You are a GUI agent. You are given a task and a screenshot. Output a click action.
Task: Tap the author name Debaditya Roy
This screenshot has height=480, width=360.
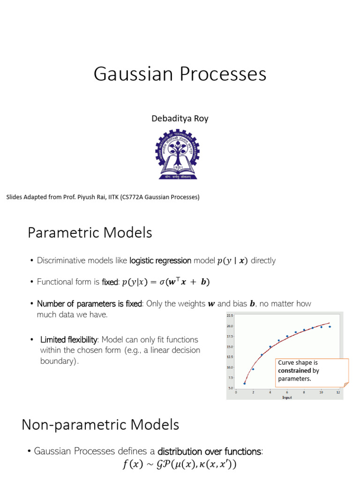pyautogui.click(x=180, y=119)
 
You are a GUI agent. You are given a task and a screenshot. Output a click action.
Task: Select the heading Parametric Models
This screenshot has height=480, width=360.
pyautogui.click(x=90, y=232)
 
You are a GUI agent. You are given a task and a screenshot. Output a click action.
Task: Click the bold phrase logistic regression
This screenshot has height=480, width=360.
pyautogui.click(x=160, y=261)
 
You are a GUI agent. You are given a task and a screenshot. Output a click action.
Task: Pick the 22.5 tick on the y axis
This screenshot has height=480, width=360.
pyautogui.click(x=230, y=315)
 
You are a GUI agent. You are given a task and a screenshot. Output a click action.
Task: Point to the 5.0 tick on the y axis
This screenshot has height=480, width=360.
pyautogui.click(x=230, y=388)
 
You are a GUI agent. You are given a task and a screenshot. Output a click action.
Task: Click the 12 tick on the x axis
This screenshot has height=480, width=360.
pyautogui.click(x=338, y=392)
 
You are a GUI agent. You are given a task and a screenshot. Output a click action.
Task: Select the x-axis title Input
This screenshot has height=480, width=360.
pyautogui.click(x=286, y=397)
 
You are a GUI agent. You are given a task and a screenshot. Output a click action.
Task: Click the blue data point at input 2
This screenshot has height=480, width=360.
pyautogui.click(x=253, y=369)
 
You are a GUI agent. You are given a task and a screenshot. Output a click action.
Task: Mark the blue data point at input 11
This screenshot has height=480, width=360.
pyautogui.click(x=330, y=327)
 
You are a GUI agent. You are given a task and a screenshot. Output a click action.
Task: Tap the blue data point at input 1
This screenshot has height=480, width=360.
pyautogui.click(x=245, y=383)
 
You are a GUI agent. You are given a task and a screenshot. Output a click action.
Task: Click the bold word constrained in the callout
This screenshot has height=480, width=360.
pyautogui.click(x=294, y=371)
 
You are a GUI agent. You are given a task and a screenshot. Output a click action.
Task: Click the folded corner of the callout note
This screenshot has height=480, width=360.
pyautogui.click(x=346, y=384)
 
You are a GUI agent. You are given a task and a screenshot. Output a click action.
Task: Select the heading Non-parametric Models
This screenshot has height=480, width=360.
pyautogui.click(x=100, y=425)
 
